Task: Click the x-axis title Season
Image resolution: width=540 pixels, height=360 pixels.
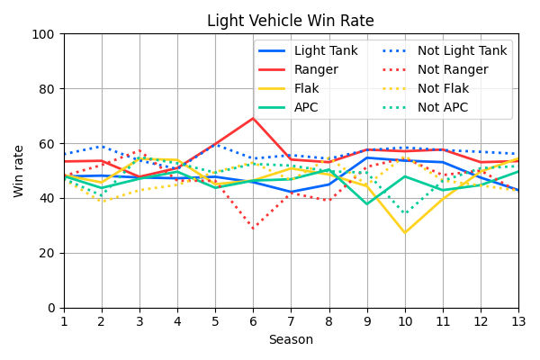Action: pyautogui.click(x=291, y=340)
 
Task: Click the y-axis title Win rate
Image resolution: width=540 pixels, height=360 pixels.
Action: pyautogui.click(x=19, y=171)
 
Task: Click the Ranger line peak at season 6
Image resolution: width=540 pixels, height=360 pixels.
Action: pyautogui.click(x=253, y=118)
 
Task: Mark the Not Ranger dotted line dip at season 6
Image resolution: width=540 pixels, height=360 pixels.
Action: pyautogui.click(x=253, y=228)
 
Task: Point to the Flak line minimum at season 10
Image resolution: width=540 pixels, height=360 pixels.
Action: pyautogui.click(x=405, y=233)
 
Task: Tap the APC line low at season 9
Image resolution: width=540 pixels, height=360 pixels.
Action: pyautogui.click(x=366, y=204)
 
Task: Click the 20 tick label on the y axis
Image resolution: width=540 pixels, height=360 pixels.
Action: pyautogui.click(x=50, y=253)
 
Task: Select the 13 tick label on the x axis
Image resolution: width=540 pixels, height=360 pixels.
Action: pyautogui.click(x=518, y=321)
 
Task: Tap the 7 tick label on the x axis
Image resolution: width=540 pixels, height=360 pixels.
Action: pyautogui.click(x=291, y=321)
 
